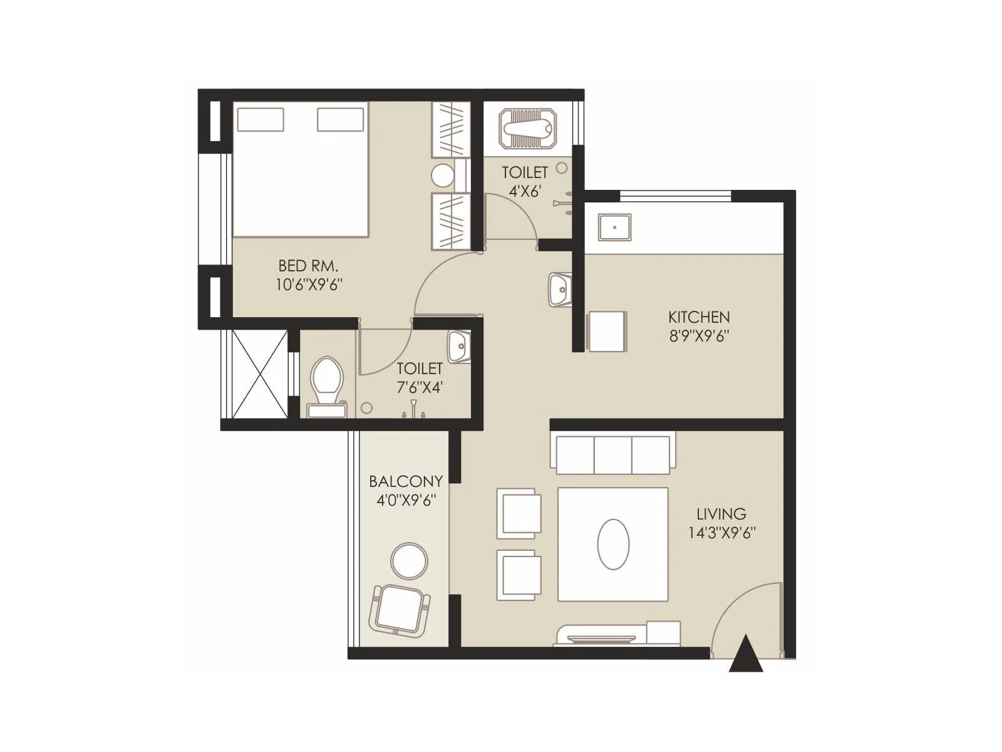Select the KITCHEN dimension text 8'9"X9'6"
(x=699, y=336)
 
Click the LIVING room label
(x=721, y=514)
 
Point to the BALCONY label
(x=405, y=481)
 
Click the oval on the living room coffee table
(x=613, y=544)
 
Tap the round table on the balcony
(x=409, y=560)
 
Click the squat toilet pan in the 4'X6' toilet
(x=528, y=128)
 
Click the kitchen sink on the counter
(x=614, y=227)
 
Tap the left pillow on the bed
(x=261, y=120)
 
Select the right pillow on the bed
(x=340, y=120)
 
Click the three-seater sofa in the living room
(x=612, y=452)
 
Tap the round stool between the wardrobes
(x=443, y=175)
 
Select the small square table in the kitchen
(x=606, y=331)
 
